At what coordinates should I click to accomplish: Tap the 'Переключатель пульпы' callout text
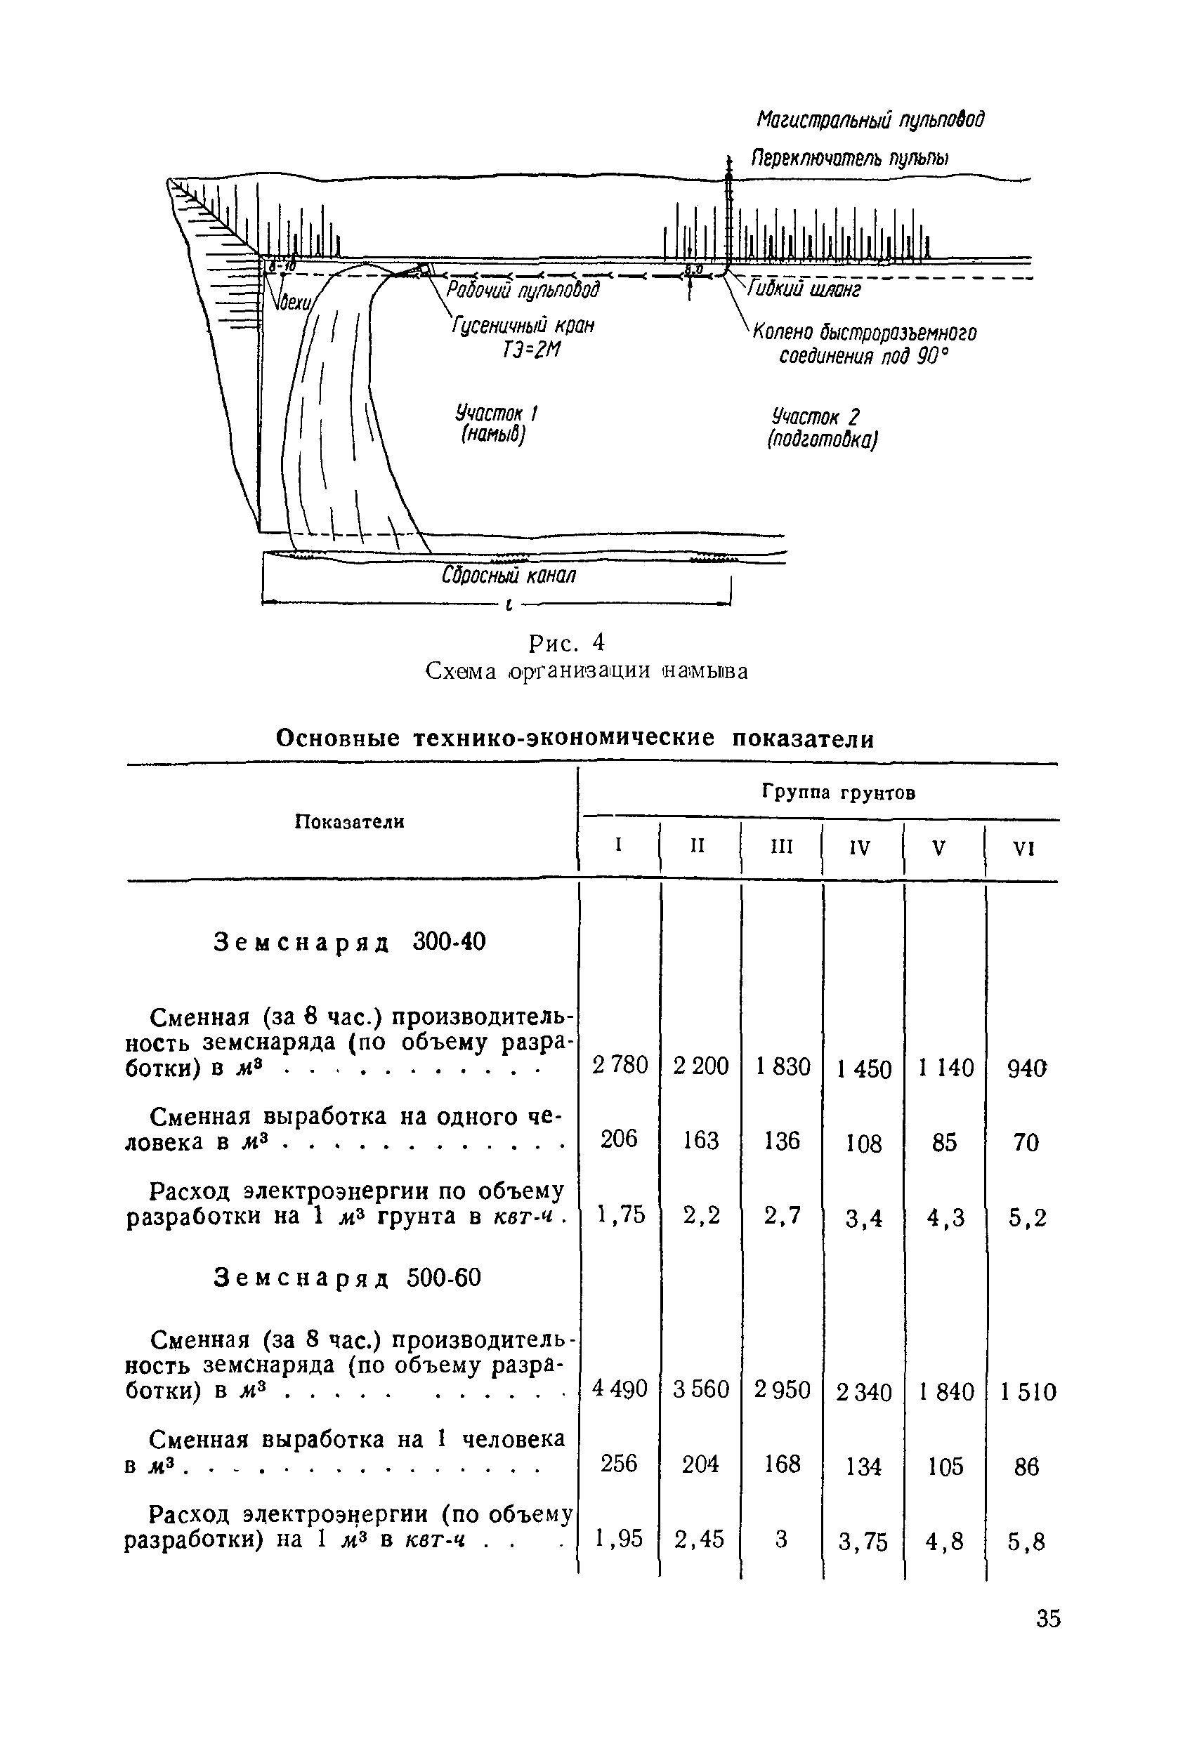pos(850,159)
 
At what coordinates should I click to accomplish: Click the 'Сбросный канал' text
pos(509,576)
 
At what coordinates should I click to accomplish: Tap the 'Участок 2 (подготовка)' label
pos(821,428)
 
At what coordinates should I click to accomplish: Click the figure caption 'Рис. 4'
pos(566,643)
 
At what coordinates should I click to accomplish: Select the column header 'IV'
pos(860,848)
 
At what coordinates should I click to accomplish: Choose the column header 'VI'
pos(1023,849)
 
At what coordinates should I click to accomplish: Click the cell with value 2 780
pos(620,1064)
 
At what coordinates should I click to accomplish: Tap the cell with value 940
pos(1026,1068)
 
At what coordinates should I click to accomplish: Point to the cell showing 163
pos(700,1140)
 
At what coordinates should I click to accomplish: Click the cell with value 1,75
pos(620,1214)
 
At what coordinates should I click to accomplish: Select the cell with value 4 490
pos(619,1389)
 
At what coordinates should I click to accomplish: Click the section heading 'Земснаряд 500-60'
pos(347,1277)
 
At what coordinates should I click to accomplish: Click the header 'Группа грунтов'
pos(839,793)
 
